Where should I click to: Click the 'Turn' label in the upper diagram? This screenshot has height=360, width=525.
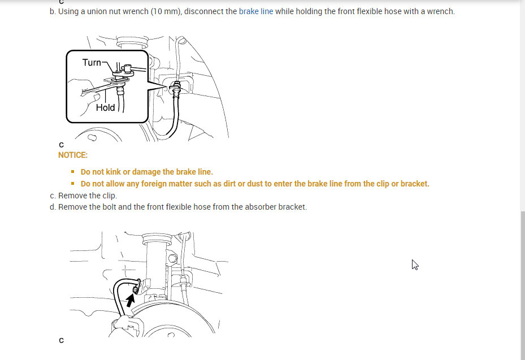(x=92, y=62)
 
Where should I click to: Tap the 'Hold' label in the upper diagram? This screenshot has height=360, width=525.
(x=105, y=107)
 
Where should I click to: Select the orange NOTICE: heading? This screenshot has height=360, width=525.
(x=73, y=155)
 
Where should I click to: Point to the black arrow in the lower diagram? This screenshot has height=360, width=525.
(x=131, y=301)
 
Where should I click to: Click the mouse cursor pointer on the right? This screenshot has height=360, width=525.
(x=415, y=264)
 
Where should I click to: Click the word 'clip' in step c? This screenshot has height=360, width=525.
(x=109, y=196)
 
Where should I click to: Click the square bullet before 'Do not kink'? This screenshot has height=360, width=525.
(x=73, y=172)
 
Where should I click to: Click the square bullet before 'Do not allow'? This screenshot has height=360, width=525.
(x=73, y=184)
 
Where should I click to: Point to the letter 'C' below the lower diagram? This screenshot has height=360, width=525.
(x=61, y=340)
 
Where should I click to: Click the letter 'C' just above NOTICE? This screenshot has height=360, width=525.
(x=61, y=145)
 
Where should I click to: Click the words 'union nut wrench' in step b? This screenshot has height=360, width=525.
(x=118, y=11)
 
